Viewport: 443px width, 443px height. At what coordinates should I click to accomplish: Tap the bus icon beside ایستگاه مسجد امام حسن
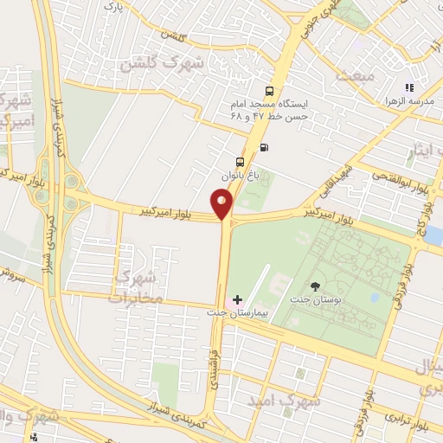270,91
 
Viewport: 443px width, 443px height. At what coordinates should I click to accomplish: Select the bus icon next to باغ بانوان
240,161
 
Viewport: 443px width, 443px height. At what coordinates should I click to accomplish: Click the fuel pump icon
263,145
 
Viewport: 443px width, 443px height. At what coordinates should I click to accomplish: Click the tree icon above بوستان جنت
315,286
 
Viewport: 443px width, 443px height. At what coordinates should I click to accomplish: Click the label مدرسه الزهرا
410,103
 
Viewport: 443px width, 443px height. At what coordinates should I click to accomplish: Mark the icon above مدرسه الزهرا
410,87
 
